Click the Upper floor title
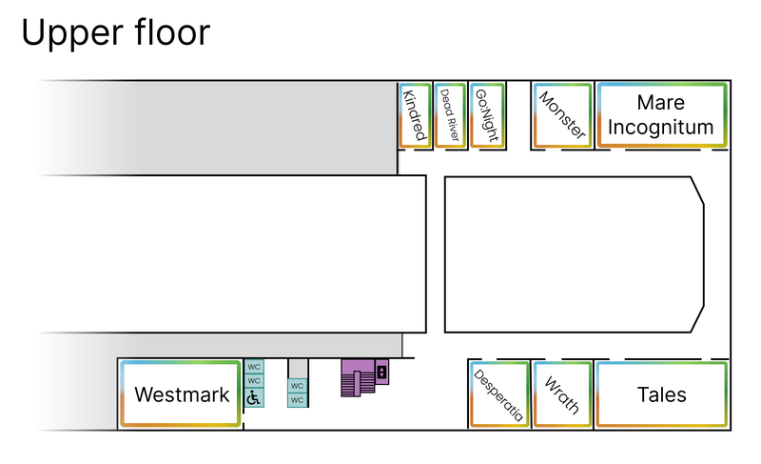[x=114, y=32]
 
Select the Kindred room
[x=414, y=115]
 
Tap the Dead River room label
[x=449, y=115]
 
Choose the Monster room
[x=562, y=115]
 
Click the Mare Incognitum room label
[x=661, y=115]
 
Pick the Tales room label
[x=661, y=394]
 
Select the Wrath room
[x=562, y=394]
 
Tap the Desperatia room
[x=499, y=394]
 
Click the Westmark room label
[x=182, y=394]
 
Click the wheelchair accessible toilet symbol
[x=253, y=397]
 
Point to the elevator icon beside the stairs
[x=381, y=372]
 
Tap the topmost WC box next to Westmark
[x=253, y=366]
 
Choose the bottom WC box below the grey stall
[x=297, y=400]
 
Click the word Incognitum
[x=661, y=127]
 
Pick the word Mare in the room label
[x=661, y=103]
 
